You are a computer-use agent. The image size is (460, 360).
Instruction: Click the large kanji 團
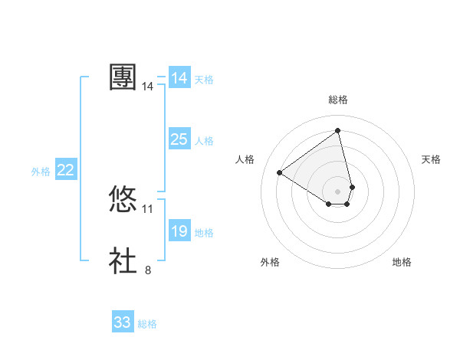tap(123, 77)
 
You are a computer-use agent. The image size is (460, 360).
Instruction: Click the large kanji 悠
tap(123, 200)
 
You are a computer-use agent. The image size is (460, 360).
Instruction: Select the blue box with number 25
tap(179, 139)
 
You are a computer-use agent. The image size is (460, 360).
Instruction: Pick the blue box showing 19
tap(179, 231)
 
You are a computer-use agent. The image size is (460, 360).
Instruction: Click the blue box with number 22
tap(65, 170)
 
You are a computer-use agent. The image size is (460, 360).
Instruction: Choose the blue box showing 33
tap(123, 322)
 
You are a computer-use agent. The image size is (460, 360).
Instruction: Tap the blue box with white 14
tap(179, 78)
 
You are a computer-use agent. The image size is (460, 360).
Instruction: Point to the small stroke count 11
tap(148, 208)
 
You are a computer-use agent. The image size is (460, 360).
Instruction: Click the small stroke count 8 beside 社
tap(148, 270)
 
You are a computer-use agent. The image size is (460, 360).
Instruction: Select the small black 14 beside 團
tap(148, 87)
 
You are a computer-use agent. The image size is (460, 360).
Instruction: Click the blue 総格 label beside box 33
tap(147, 324)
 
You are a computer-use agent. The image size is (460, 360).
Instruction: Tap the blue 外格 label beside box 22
tap(41, 172)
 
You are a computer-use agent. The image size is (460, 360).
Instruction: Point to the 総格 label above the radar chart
tap(338, 100)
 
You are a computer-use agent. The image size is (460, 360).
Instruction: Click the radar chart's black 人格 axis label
tap(245, 159)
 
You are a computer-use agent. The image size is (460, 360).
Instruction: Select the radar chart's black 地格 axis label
tap(402, 262)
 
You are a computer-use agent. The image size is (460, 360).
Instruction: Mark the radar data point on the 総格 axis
tap(338, 130)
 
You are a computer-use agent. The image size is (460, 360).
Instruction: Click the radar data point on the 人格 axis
tap(280, 172)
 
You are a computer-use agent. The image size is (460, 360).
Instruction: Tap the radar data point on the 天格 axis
tap(352, 186)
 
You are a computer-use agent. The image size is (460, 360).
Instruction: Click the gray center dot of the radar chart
tap(338, 191)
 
